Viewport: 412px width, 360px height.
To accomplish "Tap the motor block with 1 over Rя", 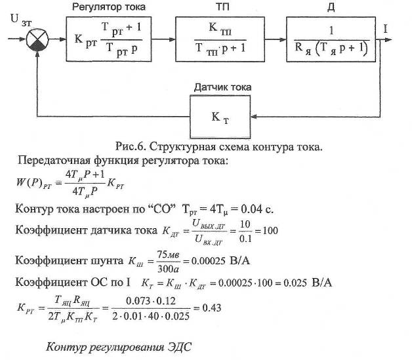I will click(x=329, y=43).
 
